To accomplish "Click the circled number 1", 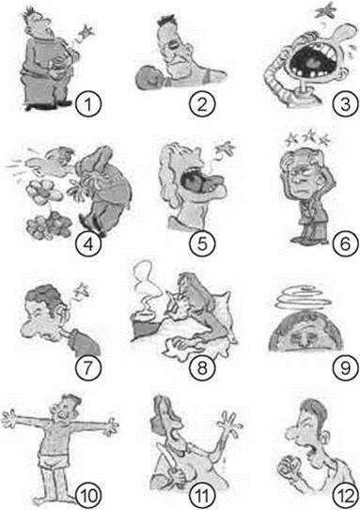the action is [88, 105].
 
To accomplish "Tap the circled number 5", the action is [202, 244].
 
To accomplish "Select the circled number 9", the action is [345, 368].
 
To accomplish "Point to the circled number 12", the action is [345, 496].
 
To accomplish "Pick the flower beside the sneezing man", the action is [44, 192].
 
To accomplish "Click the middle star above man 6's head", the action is [311, 134].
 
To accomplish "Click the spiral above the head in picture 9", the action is [303, 298].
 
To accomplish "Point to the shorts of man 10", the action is [55, 459].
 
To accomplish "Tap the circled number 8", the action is [202, 368].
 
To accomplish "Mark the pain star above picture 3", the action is [326, 9].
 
